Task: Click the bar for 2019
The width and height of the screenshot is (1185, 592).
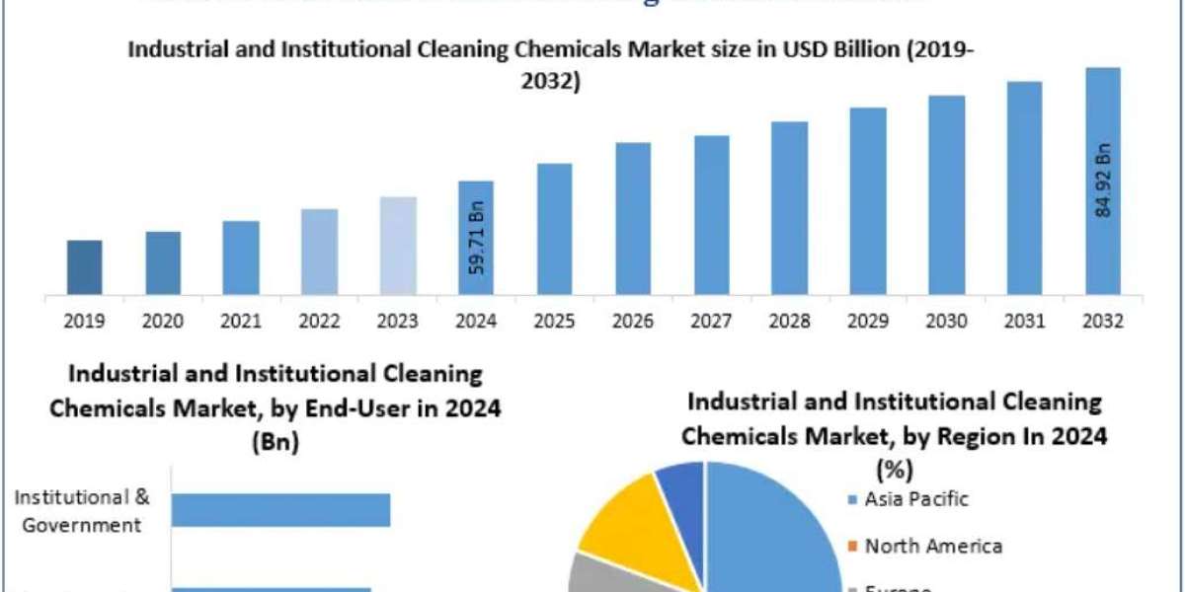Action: coord(84,266)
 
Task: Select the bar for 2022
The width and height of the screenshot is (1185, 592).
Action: coord(319,251)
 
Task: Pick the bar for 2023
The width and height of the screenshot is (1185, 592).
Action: coord(397,245)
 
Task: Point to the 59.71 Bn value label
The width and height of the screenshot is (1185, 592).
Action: coord(477,240)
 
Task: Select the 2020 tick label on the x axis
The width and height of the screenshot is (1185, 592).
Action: coord(163,321)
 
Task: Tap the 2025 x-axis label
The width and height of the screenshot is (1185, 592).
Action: coord(555,321)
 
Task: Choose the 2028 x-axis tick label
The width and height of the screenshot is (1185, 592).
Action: coord(790,321)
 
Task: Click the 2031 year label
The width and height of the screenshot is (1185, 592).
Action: coord(1025,321)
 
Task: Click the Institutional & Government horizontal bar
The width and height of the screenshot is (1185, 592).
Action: coord(280,510)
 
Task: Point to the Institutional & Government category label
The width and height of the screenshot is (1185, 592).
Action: coord(82,511)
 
